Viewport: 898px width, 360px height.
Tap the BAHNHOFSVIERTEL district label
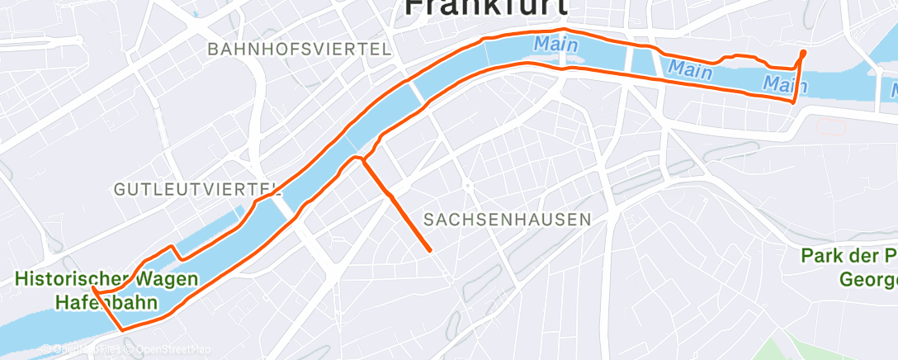coord(300,49)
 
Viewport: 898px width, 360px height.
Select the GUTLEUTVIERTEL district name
coord(193,189)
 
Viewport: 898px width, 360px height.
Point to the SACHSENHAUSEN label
coord(507,220)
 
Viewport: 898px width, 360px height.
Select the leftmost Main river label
coord(555,44)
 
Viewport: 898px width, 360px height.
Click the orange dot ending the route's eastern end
coord(803,54)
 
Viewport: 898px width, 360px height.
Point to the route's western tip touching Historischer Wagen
coord(94,290)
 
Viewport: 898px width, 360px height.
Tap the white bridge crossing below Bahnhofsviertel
coord(417,92)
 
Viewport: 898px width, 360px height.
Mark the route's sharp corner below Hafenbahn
coord(123,330)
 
